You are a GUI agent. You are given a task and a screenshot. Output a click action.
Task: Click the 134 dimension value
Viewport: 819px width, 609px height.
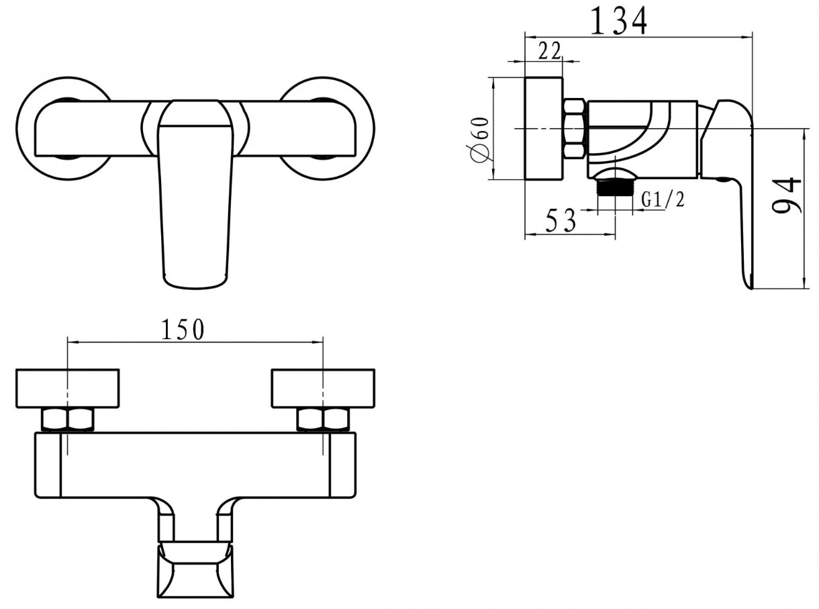(x=619, y=21)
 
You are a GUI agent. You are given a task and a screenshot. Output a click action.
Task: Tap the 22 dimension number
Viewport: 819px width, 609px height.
(x=549, y=50)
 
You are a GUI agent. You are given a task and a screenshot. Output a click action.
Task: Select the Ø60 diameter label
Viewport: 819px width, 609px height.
(x=480, y=140)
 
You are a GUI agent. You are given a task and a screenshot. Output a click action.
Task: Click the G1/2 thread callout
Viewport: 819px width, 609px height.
(x=663, y=200)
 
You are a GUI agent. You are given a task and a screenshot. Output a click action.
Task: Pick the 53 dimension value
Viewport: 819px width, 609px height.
(x=560, y=220)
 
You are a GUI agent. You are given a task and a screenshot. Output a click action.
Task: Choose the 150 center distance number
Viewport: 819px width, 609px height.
(x=183, y=330)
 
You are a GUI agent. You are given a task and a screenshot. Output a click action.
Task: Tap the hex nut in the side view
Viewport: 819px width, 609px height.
(x=574, y=130)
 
